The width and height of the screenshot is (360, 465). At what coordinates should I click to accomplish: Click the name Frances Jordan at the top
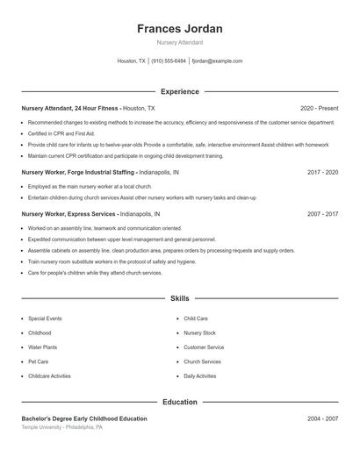click(180, 28)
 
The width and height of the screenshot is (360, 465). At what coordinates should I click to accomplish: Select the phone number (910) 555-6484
click(169, 61)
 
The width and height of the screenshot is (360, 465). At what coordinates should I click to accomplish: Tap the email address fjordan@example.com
click(216, 61)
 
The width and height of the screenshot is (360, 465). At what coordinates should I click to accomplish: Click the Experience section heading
click(180, 91)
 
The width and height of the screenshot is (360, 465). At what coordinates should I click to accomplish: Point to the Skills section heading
click(180, 299)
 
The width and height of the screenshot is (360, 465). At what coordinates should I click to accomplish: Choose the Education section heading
click(180, 402)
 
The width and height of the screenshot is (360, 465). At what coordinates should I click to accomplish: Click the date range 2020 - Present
click(319, 108)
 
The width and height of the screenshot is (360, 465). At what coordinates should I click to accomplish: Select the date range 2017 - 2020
click(322, 173)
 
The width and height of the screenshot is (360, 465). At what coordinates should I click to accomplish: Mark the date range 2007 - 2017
click(322, 214)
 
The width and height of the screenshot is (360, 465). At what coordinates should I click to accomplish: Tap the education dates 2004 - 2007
click(322, 419)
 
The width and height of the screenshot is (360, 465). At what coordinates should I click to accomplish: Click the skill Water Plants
click(43, 347)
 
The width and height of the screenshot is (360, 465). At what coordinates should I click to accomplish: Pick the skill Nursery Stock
click(199, 333)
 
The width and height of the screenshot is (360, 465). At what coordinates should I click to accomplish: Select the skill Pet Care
click(39, 361)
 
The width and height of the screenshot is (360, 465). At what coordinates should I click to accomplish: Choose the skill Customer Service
click(204, 347)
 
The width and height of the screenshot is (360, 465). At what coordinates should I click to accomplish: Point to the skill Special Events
click(45, 318)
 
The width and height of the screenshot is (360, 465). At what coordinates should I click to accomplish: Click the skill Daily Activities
click(200, 376)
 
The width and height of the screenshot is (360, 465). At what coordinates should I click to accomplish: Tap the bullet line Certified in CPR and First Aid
click(61, 133)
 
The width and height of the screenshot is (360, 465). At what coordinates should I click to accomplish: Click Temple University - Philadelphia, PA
click(62, 427)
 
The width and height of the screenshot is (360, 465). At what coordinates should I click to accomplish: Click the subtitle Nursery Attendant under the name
click(180, 42)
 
